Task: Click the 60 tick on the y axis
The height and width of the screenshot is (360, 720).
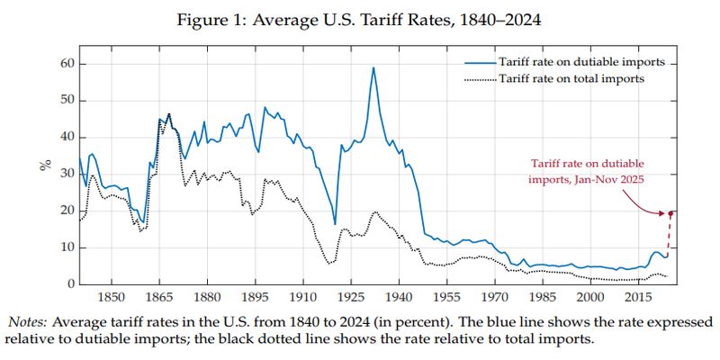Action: pyautogui.click(x=66, y=63)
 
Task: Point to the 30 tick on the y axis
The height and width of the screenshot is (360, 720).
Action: pyautogui.click(x=66, y=174)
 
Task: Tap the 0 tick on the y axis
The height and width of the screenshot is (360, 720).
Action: pyautogui.click(x=68, y=284)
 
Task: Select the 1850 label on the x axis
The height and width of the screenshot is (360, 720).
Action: pyautogui.click(x=111, y=297)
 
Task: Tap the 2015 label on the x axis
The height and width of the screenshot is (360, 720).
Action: pyautogui.click(x=639, y=297)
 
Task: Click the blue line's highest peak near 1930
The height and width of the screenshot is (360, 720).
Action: pyautogui.click(x=373, y=67)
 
